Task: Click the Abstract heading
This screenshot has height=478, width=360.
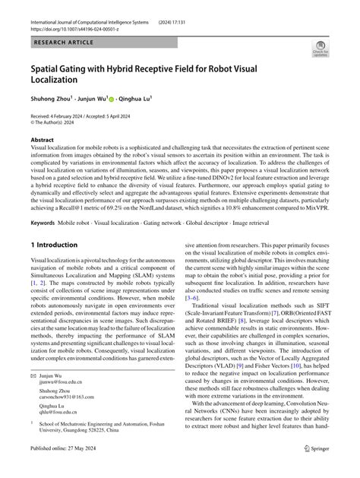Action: (x=42, y=141)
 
